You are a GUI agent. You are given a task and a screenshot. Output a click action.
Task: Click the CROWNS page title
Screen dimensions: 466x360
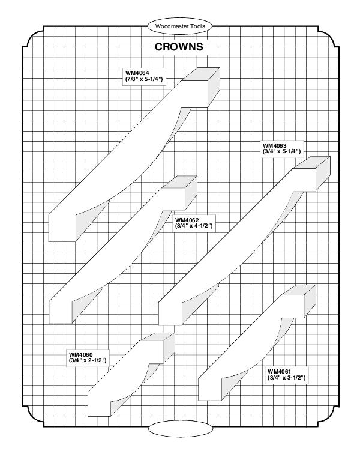(179, 47)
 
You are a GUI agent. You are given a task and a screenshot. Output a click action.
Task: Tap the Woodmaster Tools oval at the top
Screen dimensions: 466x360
(180, 27)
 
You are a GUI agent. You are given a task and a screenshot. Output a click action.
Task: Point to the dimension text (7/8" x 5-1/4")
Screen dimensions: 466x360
(144, 80)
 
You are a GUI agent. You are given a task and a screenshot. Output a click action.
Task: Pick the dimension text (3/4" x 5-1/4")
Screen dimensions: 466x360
(281, 152)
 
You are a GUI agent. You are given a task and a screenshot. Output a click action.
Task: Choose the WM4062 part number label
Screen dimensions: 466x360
(187, 219)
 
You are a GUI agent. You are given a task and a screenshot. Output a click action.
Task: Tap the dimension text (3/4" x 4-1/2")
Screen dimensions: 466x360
(194, 226)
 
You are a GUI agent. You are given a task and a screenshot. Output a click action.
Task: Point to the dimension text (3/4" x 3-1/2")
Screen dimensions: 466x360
(287, 378)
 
